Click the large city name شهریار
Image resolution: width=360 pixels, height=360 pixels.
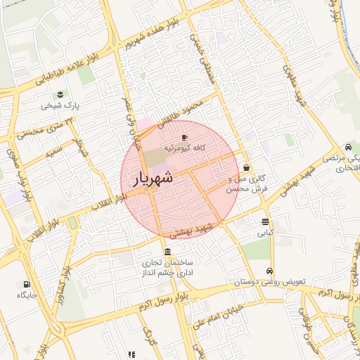[x=152, y=179]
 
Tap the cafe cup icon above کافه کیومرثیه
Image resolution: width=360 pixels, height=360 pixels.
[x=185, y=137]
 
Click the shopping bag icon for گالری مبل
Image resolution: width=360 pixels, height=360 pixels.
[x=246, y=168]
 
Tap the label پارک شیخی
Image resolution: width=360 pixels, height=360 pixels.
[x=60, y=106]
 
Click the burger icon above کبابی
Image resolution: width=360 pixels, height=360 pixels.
[x=265, y=221]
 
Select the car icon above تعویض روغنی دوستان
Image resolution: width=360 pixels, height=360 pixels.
[x=269, y=271]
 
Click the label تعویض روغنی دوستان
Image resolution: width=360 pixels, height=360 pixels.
[x=271, y=282]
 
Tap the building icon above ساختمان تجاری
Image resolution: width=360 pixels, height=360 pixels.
[x=167, y=252]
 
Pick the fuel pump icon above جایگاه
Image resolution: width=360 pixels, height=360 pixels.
[x=27, y=285]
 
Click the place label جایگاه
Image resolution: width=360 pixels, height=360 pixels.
[x=27, y=296]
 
